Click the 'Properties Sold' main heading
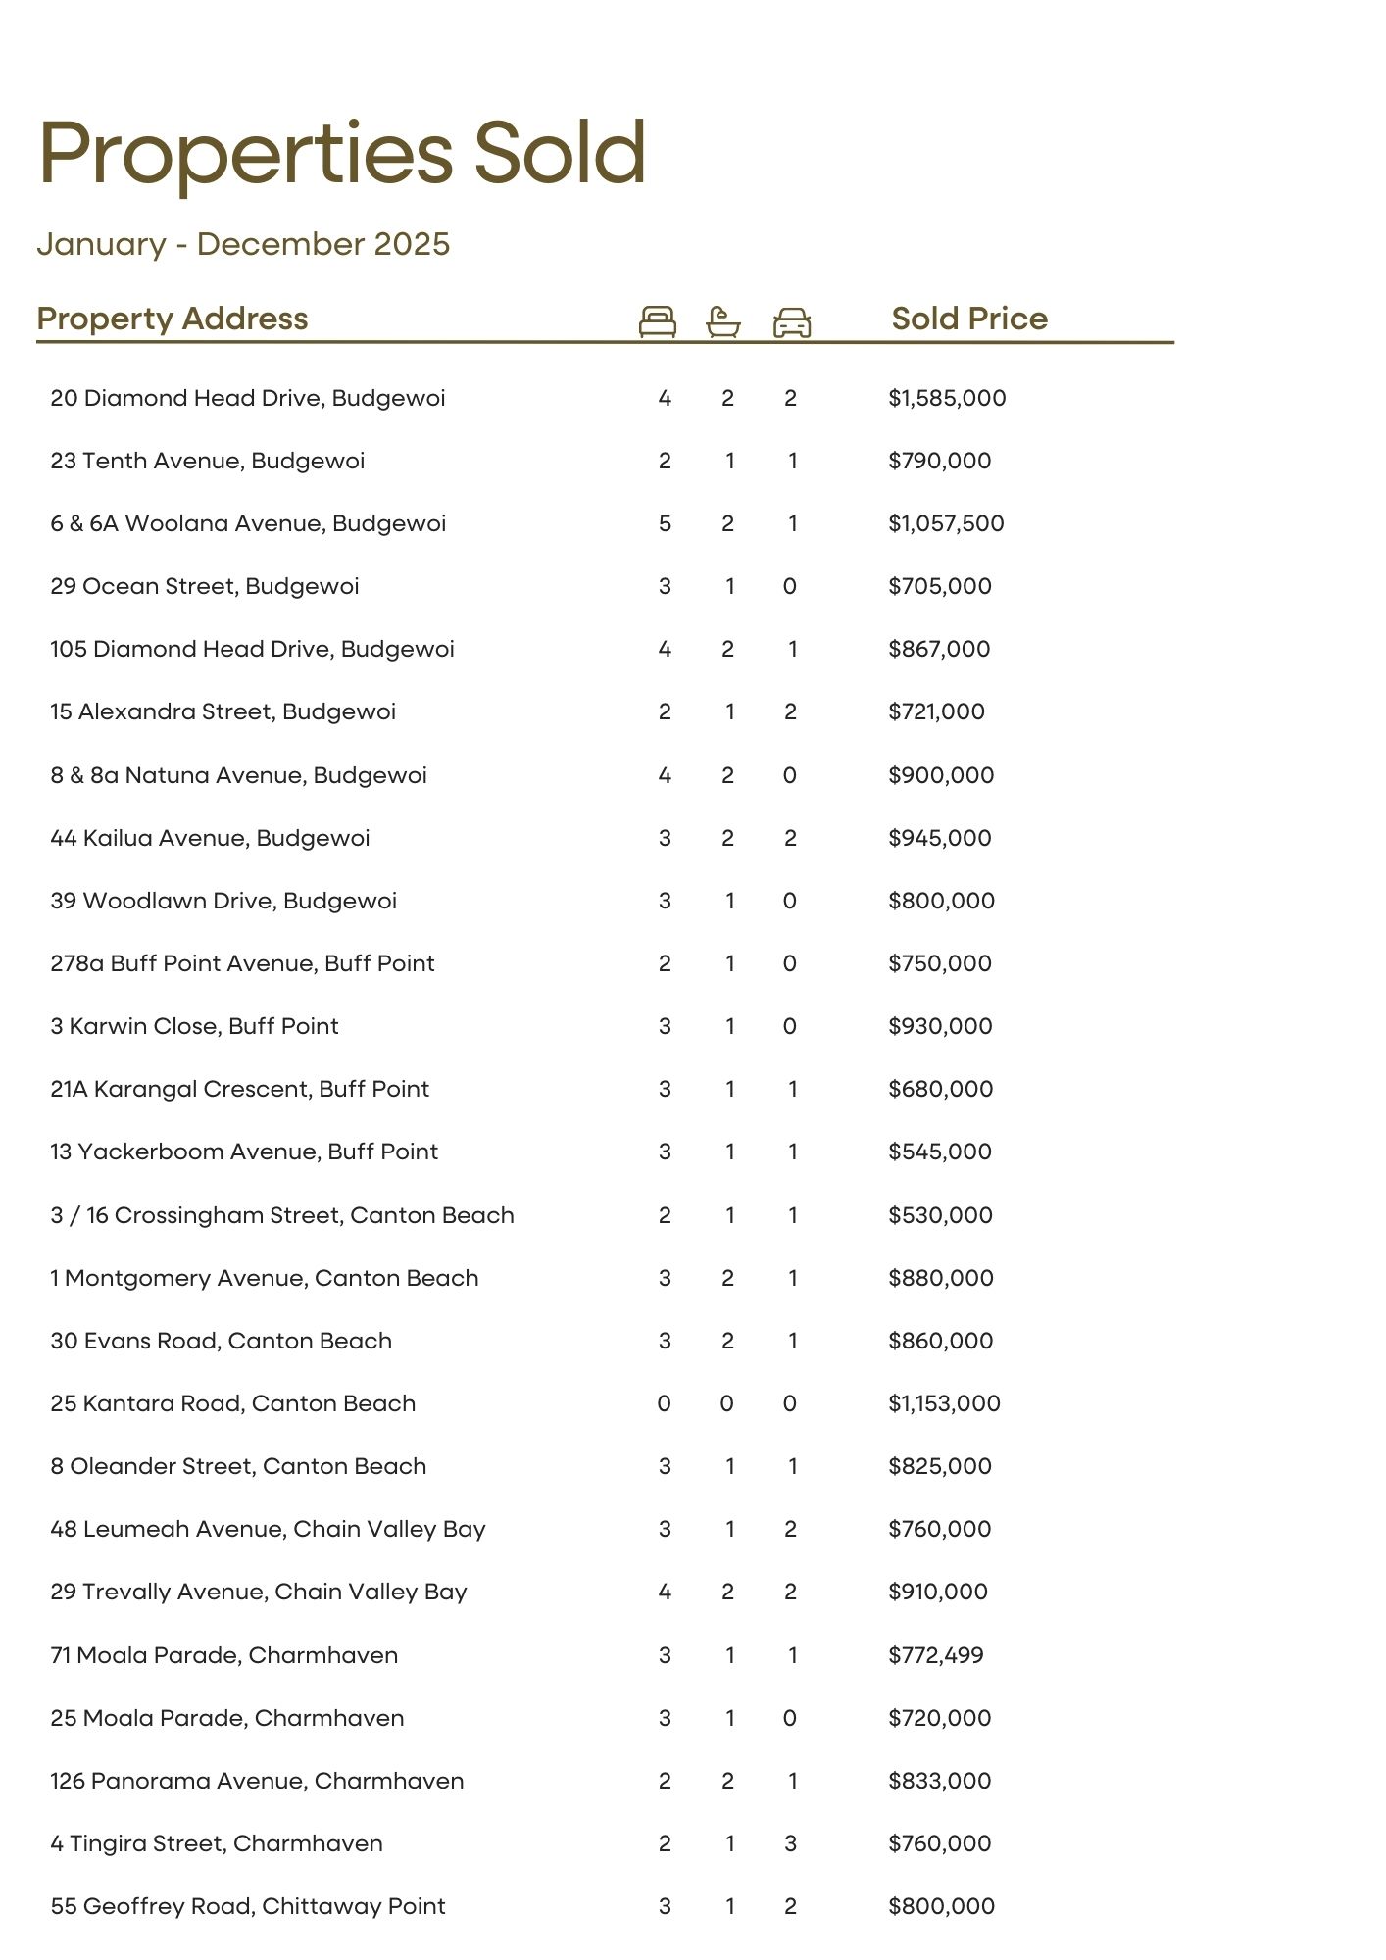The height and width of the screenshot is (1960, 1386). pos(342,154)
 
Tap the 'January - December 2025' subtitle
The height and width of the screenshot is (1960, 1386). pos(243,244)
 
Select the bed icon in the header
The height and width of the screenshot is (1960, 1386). pos(657,320)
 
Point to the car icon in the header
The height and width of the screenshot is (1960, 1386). pos(791,321)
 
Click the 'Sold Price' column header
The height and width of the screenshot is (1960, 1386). pos(968,318)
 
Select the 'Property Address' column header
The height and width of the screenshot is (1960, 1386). pos(173,318)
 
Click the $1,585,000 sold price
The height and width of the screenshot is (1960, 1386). pos(947,398)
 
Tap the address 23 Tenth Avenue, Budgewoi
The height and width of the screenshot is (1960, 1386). pos(208,461)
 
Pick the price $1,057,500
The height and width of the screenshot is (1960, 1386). pos(946,523)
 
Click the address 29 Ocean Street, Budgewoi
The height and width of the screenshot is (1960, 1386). pos(205,586)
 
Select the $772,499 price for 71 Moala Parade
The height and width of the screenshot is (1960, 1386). pos(935,1655)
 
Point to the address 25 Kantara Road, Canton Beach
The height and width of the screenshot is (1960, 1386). pos(233,1403)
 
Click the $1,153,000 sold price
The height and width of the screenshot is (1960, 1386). pos(944,1403)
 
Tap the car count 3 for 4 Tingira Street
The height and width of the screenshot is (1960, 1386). pos(790,1843)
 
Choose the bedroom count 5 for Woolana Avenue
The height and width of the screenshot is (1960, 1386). pos(665,523)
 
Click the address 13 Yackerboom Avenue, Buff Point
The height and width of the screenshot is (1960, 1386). pos(244,1151)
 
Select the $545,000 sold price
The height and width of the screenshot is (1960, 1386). pos(940,1151)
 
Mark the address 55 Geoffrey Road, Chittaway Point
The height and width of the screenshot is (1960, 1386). pos(248,1906)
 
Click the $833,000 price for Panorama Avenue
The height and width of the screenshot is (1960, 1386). pos(940,1781)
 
